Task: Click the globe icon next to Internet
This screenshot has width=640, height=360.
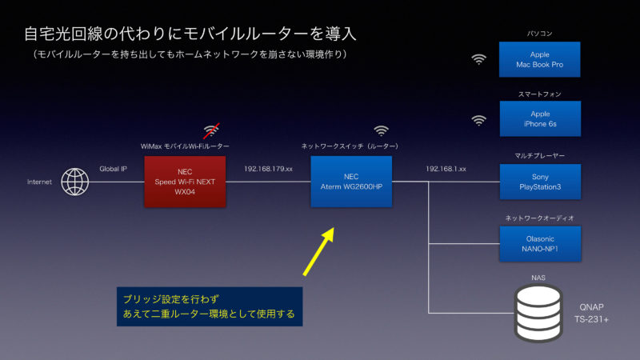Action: tap(75, 182)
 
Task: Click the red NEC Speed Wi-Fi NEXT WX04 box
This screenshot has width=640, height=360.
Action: tap(185, 182)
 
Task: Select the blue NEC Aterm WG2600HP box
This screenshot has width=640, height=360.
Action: tap(351, 182)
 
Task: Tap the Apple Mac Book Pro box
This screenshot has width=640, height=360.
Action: tap(540, 59)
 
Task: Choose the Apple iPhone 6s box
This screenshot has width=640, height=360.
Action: tap(540, 119)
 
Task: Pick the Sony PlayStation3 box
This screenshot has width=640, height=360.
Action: tap(540, 182)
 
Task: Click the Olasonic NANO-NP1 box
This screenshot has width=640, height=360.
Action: tap(540, 243)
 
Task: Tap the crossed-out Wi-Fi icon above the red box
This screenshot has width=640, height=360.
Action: tap(211, 130)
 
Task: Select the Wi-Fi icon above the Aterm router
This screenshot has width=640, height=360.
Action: tap(382, 130)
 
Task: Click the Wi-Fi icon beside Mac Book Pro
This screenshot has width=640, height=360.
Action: tap(478, 59)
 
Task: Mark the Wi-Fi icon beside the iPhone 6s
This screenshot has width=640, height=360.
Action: tap(478, 120)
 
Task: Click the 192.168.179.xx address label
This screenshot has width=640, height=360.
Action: tap(268, 170)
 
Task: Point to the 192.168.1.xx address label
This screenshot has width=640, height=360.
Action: tap(446, 170)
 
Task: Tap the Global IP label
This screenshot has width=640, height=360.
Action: tap(113, 170)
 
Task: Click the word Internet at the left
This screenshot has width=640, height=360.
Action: tap(39, 182)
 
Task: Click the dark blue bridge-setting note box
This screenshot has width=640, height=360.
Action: tap(209, 306)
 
